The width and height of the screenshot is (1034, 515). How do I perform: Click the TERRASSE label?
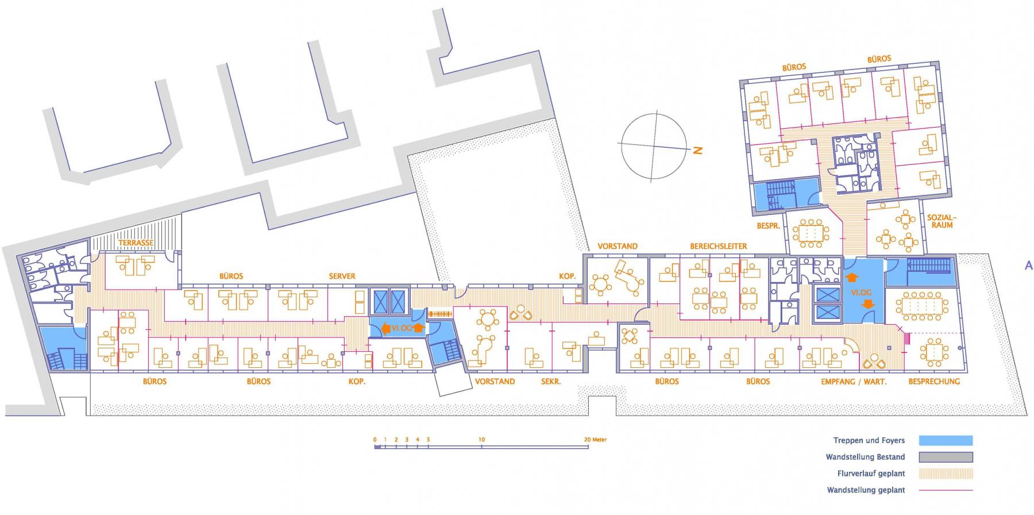tap(136, 243)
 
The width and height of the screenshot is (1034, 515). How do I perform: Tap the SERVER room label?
tap(342, 276)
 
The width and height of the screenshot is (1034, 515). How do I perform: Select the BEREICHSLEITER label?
tap(719, 246)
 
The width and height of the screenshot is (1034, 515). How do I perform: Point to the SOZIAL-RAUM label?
tap(942, 221)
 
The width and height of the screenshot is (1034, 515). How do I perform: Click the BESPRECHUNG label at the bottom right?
tap(934, 381)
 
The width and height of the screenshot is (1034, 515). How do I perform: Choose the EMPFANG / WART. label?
tap(854, 381)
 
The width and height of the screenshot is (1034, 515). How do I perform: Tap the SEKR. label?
tap(551, 381)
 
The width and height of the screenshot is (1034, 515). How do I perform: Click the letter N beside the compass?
tap(698, 151)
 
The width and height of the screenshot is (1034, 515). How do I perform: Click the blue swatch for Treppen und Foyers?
tap(946, 441)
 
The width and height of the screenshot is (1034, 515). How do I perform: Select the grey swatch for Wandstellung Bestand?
tap(946, 457)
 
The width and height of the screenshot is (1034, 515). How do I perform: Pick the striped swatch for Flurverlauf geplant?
tap(946, 474)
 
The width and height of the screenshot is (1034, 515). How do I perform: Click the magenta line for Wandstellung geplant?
tap(946, 490)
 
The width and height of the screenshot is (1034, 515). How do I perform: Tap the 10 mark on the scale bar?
tap(481, 440)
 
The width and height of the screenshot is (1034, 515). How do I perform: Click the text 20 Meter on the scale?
tap(595, 440)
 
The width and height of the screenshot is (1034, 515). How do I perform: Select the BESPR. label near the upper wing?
tap(768, 226)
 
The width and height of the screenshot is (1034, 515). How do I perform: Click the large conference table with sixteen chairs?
tap(922, 305)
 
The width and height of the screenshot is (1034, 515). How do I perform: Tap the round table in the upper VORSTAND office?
tap(601, 284)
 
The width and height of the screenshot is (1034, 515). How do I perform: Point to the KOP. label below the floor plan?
tap(357, 381)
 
